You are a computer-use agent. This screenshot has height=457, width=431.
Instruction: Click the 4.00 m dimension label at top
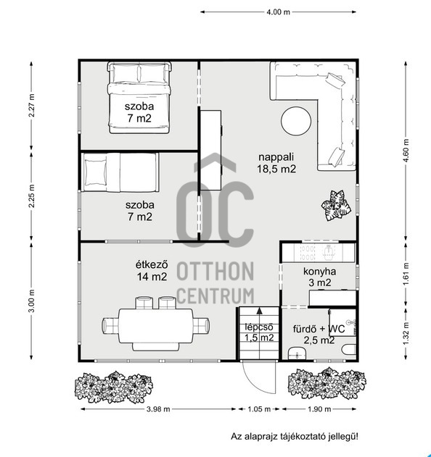click(x=279, y=12)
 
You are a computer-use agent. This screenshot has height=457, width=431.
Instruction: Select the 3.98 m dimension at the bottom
click(x=158, y=409)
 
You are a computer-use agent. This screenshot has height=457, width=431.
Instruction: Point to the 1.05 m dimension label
click(x=259, y=409)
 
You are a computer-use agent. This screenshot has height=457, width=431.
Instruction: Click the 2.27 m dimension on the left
click(x=31, y=105)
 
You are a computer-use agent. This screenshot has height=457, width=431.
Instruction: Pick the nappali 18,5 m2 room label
click(x=276, y=163)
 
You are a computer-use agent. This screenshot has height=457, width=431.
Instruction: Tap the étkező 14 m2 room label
click(x=152, y=271)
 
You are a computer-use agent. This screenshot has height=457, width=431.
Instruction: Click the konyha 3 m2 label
click(x=320, y=277)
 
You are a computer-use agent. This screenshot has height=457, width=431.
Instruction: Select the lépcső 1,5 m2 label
click(x=259, y=332)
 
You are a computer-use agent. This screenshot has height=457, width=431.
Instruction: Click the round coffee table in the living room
click(x=296, y=121)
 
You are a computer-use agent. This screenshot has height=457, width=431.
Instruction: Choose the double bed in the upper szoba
click(x=139, y=98)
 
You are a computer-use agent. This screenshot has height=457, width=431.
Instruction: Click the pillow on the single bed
click(x=95, y=172)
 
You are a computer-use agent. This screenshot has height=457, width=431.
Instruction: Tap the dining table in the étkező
click(x=155, y=326)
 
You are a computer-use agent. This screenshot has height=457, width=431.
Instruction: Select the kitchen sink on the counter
click(x=329, y=252)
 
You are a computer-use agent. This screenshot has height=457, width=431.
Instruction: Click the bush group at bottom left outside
click(x=114, y=387)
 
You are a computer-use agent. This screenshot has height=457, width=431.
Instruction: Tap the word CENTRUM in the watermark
click(x=215, y=296)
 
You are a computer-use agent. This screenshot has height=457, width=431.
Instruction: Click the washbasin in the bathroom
click(x=297, y=353)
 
